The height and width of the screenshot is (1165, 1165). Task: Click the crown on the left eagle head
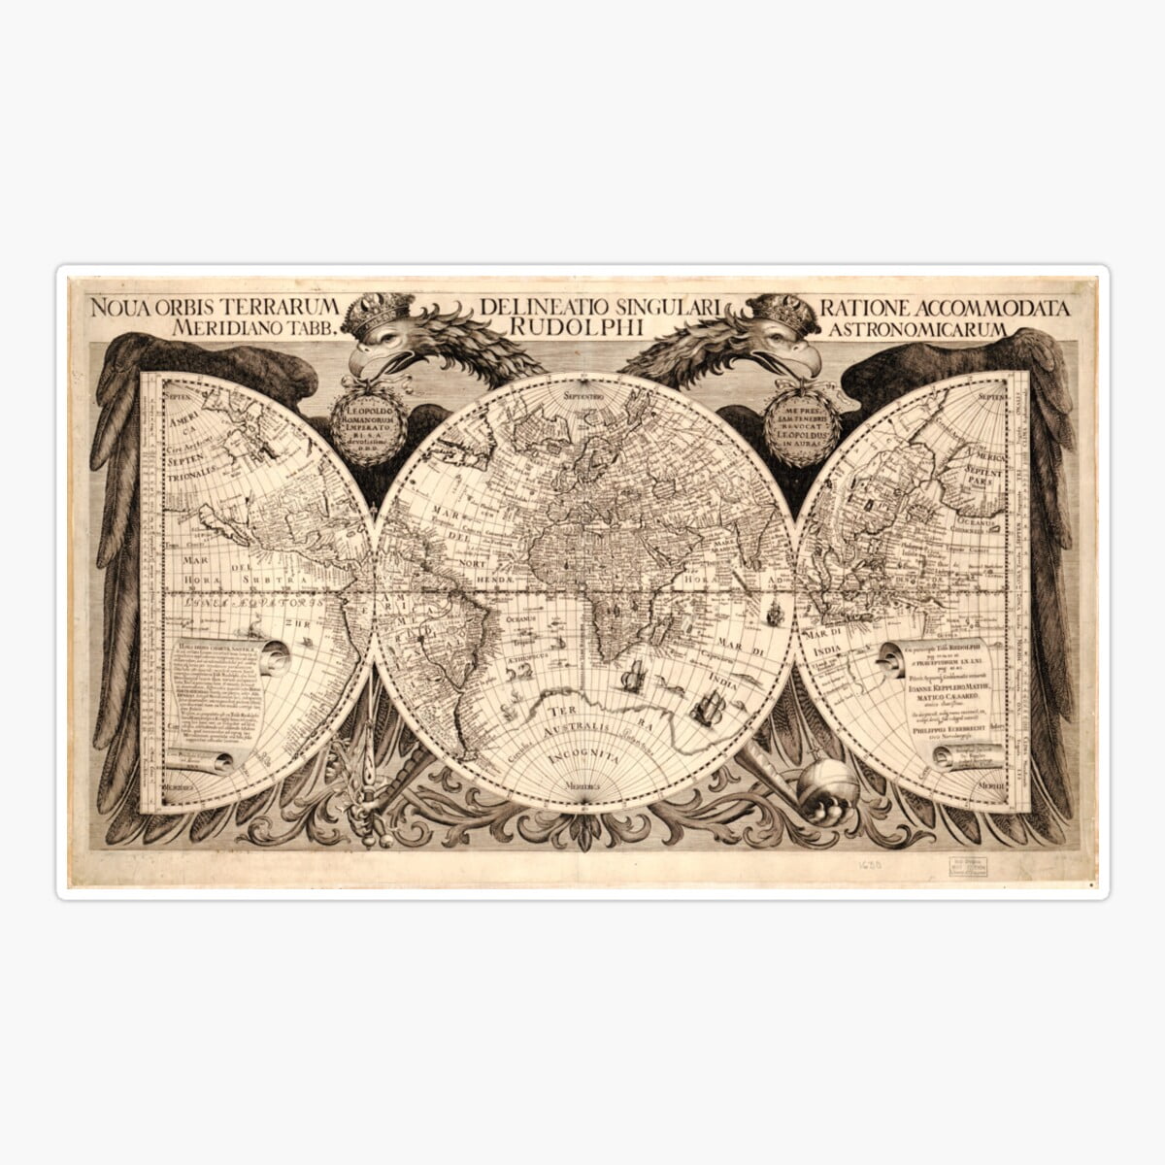pyautogui.click(x=380, y=311)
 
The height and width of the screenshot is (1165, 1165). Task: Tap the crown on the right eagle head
pyautogui.click(x=782, y=311)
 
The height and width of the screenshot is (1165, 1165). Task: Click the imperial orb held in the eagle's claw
pyautogui.click(x=828, y=786)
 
